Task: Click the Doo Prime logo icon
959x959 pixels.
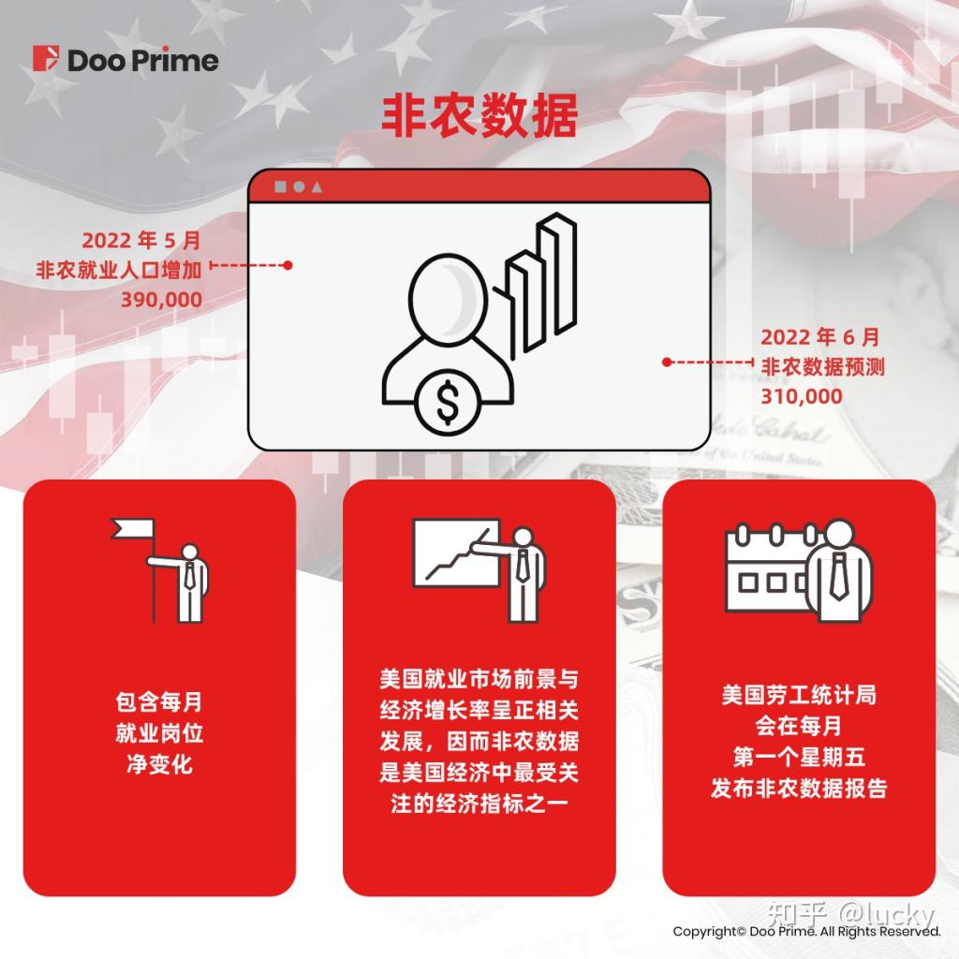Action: click(45, 59)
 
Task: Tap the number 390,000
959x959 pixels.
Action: click(161, 300)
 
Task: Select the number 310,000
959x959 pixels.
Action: click(801, 396)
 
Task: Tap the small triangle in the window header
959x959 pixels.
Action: click(317, 186)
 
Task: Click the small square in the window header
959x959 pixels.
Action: click(280, 186)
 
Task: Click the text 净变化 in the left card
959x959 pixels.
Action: click(159, 763)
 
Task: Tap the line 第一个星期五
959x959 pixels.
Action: click(799, 757)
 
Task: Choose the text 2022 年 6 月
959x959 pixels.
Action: click(820, 337)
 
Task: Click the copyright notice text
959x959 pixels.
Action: click(806, 932)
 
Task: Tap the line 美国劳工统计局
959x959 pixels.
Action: click(799, 697)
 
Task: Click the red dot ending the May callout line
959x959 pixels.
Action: click(288, 265)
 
